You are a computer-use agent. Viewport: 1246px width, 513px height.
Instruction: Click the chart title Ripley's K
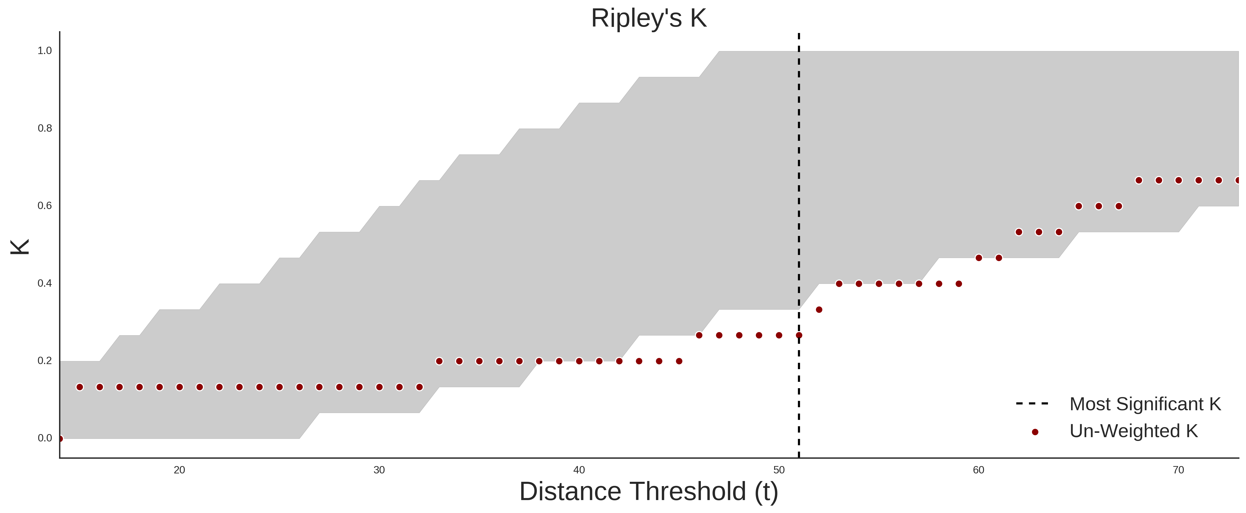click(x=649, y=18)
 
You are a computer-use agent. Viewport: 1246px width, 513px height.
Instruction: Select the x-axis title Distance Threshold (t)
click(x=649, y=492)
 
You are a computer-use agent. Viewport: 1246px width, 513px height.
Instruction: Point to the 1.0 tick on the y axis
click(x=45, y=51)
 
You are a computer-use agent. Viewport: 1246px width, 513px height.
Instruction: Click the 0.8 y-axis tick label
click(x=45, y=128)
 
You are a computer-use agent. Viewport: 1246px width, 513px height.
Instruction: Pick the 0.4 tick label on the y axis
click(x=45, y=283)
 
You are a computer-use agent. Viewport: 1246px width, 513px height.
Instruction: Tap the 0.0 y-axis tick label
click(x=45, y=438)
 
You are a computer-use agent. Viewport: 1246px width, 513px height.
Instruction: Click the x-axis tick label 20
click(x=180, y=470)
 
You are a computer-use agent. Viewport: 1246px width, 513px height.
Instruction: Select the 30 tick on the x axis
click(x=379, y=470)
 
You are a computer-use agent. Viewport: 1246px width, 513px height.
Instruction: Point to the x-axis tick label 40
click(x=579, y=470)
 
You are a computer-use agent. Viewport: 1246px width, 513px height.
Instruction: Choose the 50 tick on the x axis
click(x=779, y=470)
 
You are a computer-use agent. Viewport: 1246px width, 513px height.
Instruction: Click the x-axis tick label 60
click(x=978, y=470)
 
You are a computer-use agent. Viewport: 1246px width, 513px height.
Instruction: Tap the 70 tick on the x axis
click(x=1178, y=470)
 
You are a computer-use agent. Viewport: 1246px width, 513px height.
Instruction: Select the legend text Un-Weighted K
click(x=1133, y=431)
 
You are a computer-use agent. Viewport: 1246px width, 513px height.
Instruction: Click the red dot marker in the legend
click(x=1035, y=432)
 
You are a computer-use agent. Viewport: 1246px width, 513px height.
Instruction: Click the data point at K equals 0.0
click(x=60, y=438)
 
